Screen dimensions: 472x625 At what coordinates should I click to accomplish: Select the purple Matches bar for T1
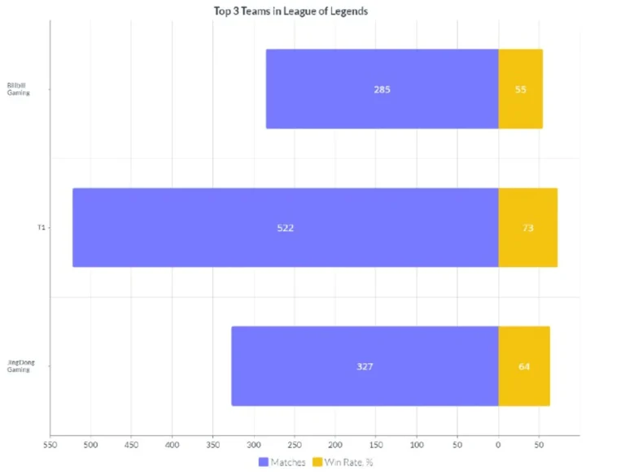[285, 228]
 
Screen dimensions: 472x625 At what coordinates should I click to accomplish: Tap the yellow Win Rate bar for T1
[527, 228]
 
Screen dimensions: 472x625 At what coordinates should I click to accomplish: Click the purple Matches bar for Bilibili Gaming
[382, 90]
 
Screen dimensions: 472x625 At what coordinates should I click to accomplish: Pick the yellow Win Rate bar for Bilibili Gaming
[520, 90]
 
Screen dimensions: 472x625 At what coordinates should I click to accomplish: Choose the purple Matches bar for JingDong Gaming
[365, 366]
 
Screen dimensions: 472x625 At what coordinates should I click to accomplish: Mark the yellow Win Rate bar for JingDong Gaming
[523, 366]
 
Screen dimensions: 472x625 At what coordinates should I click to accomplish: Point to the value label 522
[285, 228]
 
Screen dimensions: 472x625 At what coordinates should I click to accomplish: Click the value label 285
[382, 90]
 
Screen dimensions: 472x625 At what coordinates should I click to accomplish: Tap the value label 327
[365, 366]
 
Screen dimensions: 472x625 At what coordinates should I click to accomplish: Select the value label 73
[527, 228]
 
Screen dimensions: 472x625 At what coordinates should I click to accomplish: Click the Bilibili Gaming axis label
[18, 90]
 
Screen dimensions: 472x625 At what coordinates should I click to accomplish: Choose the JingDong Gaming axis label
[20, 366]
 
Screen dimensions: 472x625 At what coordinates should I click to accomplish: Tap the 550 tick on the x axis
[50, 445]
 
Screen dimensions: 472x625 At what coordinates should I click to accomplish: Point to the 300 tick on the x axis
[253, 445]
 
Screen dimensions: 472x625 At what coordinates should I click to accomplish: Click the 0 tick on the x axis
[498, 445]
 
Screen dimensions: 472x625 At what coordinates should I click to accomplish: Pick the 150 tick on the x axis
[375, 445]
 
